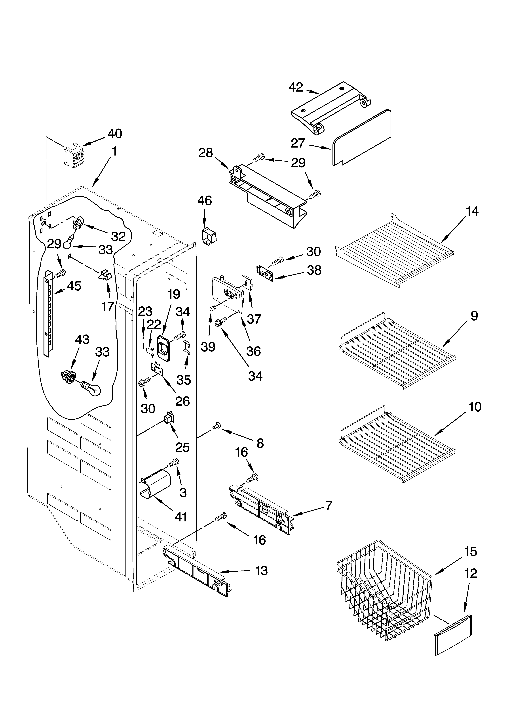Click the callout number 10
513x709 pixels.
click(475, 407)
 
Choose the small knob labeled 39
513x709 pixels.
click(213, 309)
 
